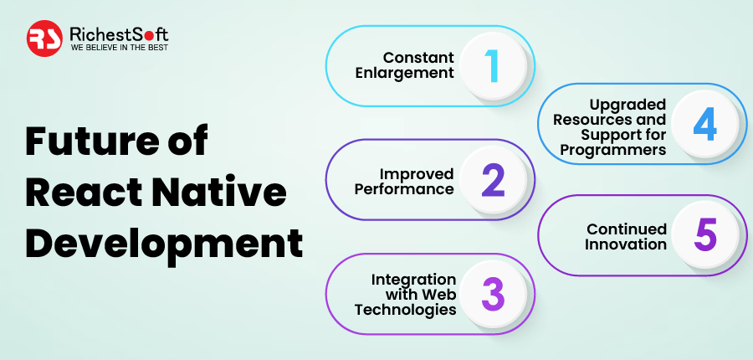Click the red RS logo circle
[x=44, y=39]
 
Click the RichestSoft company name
[x=119, y=34]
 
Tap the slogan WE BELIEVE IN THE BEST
[x=120, y=48]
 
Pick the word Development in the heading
[x=164, y=245]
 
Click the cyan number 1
[x=492, y=66]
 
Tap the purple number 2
[x=493, y=181]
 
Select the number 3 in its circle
[x=493, y=294]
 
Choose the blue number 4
[x=705, y=124]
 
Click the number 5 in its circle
[x=705, y=235]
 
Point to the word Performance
[x=404, y=189]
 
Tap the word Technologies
[x=405, y=310]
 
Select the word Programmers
[x=613, y=150]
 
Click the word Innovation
[x=626, y=244]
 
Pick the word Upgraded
[x=628, y=105]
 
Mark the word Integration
[x=413, y=280]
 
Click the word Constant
[x=418, y=58]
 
